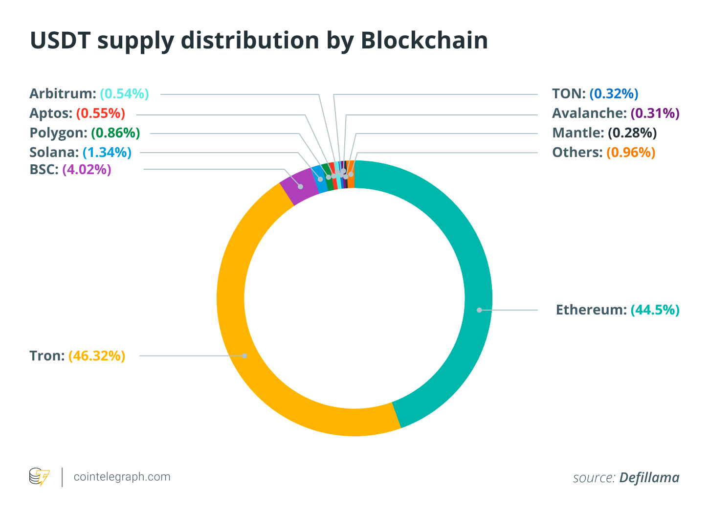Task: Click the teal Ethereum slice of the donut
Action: [x=469, y=245]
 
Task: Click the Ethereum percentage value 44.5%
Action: [x=655, y=310]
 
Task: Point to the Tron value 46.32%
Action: [x=97, y=356]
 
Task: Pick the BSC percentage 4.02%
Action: [x=87, y=170]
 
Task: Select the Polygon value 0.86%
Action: [x=115, y=133]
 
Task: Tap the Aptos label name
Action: [x=51, y=113]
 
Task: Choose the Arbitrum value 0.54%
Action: [x=124, y=94]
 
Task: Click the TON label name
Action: [x=569, y=94]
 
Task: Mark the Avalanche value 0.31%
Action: [x=655, y=113]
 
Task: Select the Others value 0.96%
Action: [x=631, y=153]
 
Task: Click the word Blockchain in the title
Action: [x=424, y=41]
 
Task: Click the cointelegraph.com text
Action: [x=122, y=477]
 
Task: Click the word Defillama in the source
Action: [x=649, y=478]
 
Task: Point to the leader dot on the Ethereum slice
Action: [x=479, y=310]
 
